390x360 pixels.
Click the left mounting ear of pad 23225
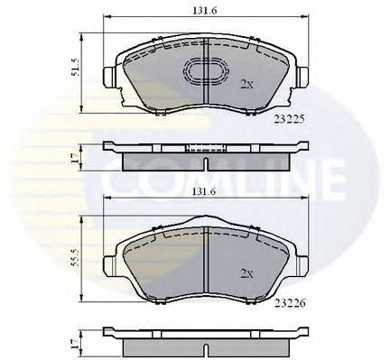107,77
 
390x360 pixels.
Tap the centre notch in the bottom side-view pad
207,347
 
